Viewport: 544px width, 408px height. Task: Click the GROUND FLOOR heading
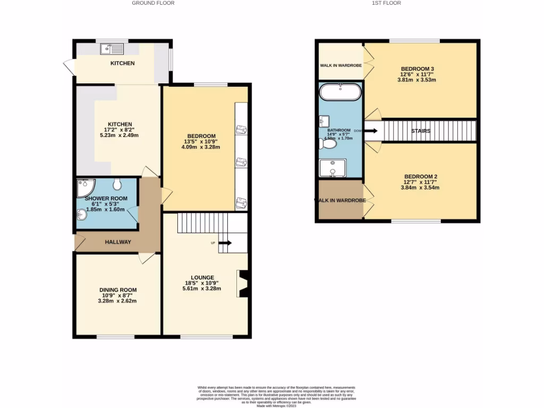coord(153,3)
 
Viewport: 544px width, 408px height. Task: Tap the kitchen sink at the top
coord(112,49)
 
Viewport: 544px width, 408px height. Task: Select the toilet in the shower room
coord(117,184)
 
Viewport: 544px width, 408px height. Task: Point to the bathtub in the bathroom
coord(341,92)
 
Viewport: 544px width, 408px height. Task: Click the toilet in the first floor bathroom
coord(328,144)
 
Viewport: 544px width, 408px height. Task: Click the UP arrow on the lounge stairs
coord(225,243)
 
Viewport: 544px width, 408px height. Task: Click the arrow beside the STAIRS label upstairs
coord(371,130)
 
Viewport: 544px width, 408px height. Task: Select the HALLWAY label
coord(117,242)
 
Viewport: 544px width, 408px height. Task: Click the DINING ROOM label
coord(117,290)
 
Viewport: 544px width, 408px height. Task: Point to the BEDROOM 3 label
coord(417,69)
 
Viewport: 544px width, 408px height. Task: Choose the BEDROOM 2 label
coord(420,176)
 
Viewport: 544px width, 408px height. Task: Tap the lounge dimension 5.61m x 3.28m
coord(200,288)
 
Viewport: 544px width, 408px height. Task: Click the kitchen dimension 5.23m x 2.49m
coord(119,135)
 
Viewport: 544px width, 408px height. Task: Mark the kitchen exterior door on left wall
coord(69,66)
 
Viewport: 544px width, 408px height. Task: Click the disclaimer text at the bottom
coord(276,396)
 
